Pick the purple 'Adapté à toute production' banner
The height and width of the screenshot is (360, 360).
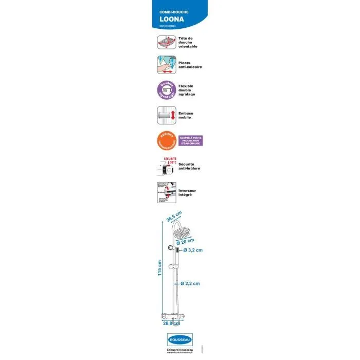tap(191, 140)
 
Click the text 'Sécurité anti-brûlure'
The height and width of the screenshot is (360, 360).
tap(189, 166)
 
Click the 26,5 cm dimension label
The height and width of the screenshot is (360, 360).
tap(174, 217)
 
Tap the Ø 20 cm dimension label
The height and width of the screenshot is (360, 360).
tap(185, 241)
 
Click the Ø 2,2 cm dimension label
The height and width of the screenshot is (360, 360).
tap(190, 283)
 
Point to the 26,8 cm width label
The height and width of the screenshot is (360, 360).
tap(171, 323)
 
